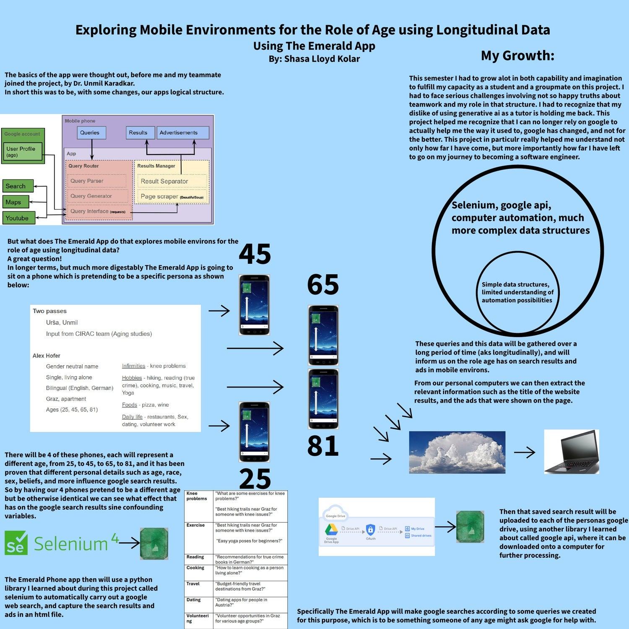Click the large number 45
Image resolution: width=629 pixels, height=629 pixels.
(255, 254)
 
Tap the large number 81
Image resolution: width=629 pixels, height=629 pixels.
(322, 446)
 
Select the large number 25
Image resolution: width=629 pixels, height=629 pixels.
(255, 479)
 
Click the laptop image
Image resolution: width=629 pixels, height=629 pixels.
(571, 452)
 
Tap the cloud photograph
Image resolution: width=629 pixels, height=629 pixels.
(457, 452)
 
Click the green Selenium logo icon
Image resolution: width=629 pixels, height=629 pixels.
(16, 543)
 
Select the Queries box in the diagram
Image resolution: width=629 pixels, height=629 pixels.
(90, 133)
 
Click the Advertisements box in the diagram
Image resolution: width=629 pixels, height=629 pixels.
(183, 133)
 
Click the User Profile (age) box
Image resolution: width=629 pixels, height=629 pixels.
(23, 152)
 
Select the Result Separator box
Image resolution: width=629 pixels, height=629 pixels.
(172, 181)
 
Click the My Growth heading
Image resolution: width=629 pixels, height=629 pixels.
(517, 55)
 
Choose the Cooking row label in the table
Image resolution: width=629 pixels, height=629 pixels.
(195, 568)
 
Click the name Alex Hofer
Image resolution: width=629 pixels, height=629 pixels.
(47, 356)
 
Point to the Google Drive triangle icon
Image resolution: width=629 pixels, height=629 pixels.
(331, 530)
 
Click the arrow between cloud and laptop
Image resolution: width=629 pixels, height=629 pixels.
(524, 452)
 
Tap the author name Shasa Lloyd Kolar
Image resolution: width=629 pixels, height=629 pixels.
(322, 59)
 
